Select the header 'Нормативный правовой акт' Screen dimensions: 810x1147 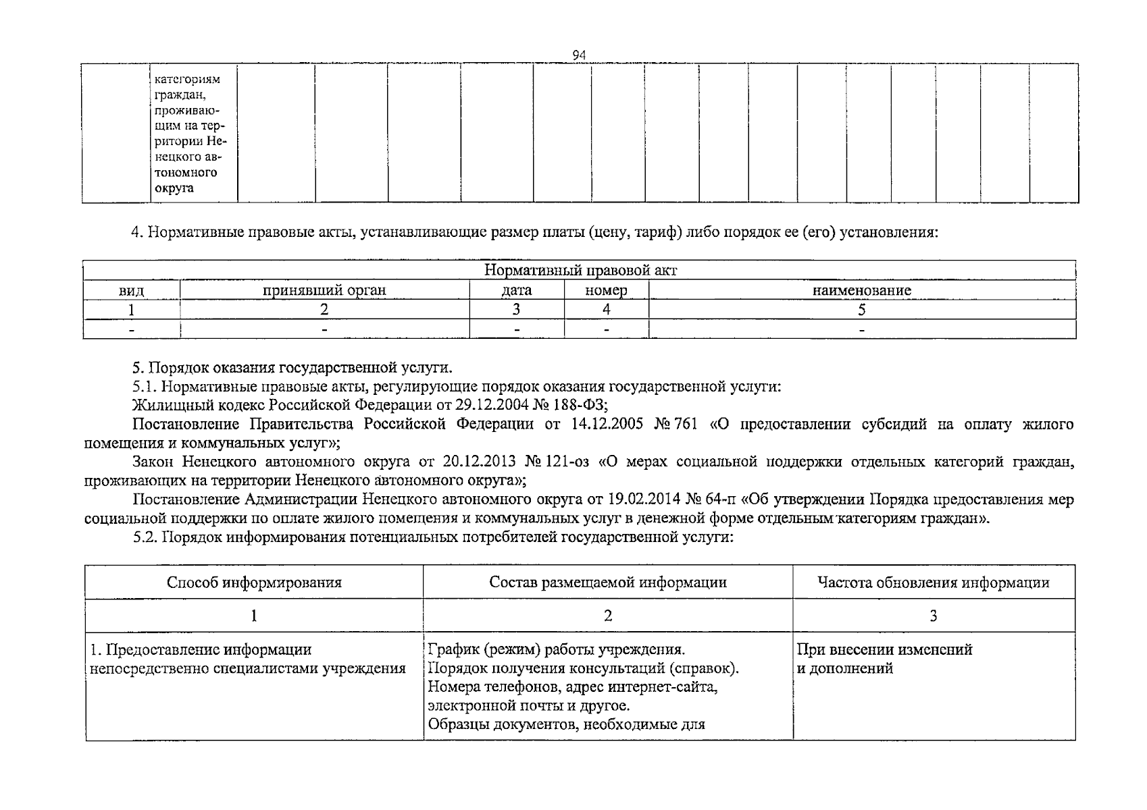click(x=580, y=271)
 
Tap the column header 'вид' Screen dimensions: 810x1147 click(x=131, y=291)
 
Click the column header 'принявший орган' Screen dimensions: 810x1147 click(x=324, y=290)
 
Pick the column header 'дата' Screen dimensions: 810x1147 click(x=517, y=290)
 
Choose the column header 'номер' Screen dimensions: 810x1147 click(x=606, y=290)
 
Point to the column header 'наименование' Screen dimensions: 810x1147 click(x=861, y=291)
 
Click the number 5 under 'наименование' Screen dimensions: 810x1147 click(x=861, y=310)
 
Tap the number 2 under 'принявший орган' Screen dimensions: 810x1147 click(x=324, y=310)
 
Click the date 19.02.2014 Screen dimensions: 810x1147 click(x=644, y=500)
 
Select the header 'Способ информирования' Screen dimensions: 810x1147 click(x=254, y=583)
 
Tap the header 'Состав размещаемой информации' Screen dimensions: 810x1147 click(x=608, y=583)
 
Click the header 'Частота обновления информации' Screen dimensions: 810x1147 click(x=933, y=583)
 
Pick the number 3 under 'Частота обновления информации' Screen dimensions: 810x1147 click(x=933, y=616)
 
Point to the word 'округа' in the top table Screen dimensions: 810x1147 click(x=174, y=188)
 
